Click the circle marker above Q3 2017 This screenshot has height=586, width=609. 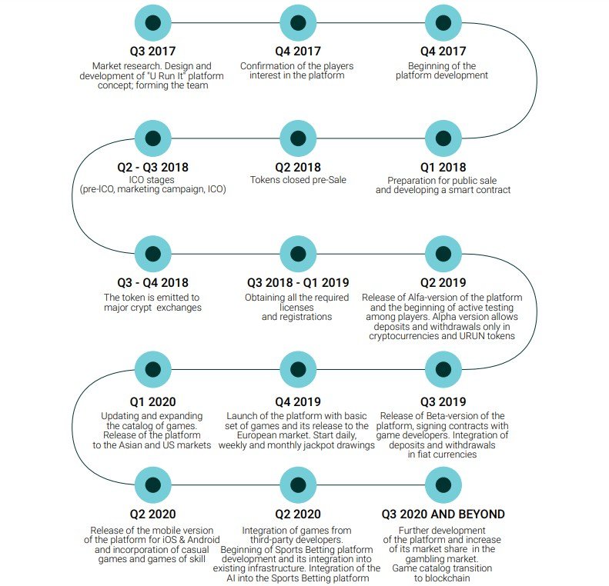153,23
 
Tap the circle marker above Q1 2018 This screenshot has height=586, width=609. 443,138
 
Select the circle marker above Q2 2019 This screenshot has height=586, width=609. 443,253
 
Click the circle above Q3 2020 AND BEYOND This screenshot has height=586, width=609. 443,484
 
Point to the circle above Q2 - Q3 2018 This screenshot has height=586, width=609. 153,138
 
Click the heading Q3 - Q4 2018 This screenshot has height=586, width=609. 152,282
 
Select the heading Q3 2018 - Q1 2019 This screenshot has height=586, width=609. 297,282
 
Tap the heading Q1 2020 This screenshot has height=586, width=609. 152,401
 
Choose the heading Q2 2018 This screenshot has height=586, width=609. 297,167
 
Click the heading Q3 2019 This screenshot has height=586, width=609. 443,401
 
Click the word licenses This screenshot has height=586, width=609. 296,307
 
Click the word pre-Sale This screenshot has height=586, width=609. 324,180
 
